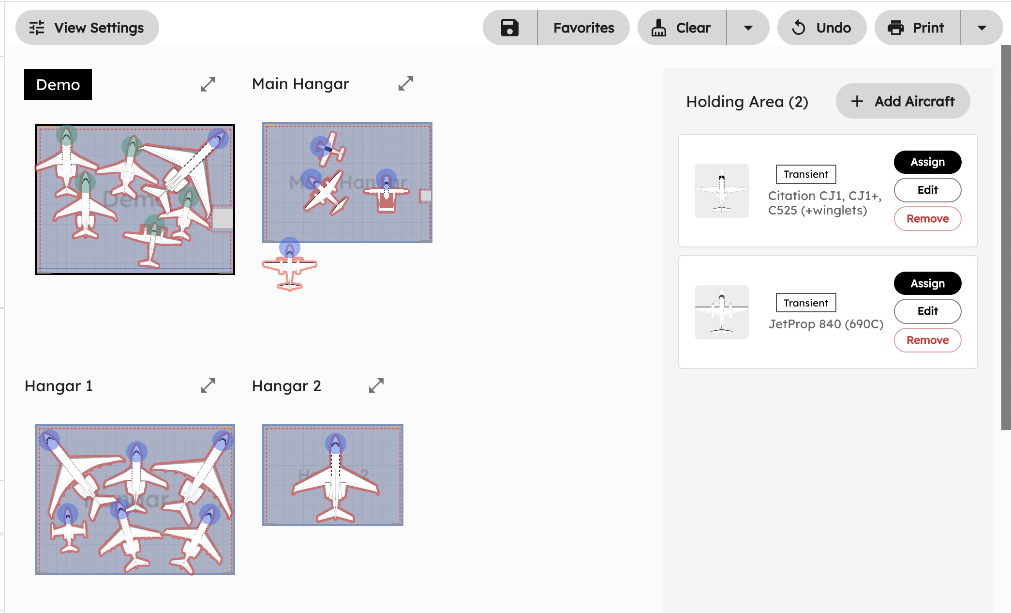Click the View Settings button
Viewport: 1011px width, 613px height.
87,28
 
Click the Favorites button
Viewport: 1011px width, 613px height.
583,28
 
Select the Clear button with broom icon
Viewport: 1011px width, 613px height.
682,28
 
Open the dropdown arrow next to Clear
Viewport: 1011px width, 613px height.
748,28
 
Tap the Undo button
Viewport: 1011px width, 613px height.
821,28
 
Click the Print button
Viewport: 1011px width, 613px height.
917,28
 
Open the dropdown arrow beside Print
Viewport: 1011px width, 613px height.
981,28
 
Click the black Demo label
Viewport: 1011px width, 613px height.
58,84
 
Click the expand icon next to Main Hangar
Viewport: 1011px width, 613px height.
405,83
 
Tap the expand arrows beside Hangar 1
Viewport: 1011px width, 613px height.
208,385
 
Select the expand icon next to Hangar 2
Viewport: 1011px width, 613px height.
376,385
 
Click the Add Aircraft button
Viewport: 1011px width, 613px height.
903,101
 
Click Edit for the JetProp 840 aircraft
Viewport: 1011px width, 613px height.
927,311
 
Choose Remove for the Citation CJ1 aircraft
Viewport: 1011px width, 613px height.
927,219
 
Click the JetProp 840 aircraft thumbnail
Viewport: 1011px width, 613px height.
721,312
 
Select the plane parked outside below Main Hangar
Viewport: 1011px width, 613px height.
289,267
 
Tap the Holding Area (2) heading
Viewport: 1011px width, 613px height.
747,102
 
